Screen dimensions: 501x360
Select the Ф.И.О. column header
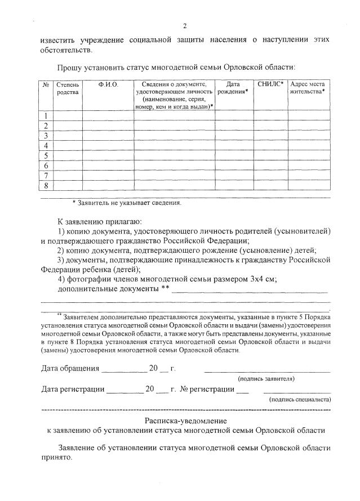pyautogui.click(x=108, y=84)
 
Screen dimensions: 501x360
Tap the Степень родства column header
pyautogui.click(x=68, y=88)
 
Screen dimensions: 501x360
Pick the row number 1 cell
pyautogui.click(x=46, y=117)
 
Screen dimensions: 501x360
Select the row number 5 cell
pyautogui.click(x=46, y=156)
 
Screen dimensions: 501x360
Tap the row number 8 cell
pyautogui.click(x=46, y=185)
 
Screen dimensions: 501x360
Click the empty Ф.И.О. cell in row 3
pyautogui.click(x=108, y=136)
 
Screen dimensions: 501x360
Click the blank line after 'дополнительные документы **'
pyautogui.click(x=249, y=290)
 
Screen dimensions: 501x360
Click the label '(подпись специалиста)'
pyautogui.click(x=300, y=399)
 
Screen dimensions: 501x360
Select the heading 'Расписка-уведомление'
pyautogui.click(x=185, y=421)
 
